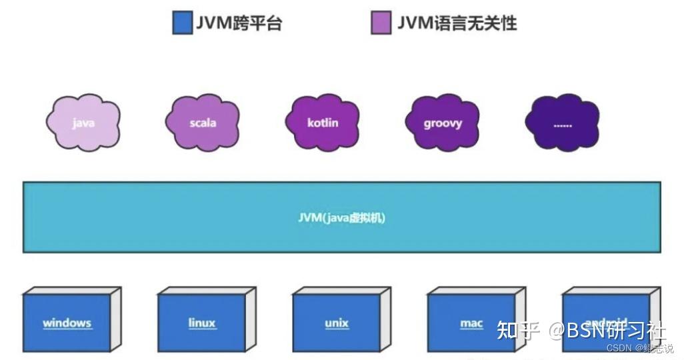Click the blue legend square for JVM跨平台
tap(183, 23)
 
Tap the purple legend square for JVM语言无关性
tap(381, 23)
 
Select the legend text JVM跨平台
tap(239, 23)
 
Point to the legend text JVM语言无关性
tap(457, 23)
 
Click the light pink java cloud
tap(83, 123)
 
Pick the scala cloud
tap(203, 123)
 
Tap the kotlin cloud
tap(323, 123)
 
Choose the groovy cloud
tap(443, 123)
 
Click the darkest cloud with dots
tap(562, 123)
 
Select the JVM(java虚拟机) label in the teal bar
tap(341, 217)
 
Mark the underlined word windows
tap(67, 323)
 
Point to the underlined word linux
tap(201, 323)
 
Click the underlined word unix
tap(337, 323)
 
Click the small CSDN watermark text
tap(619, 349)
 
